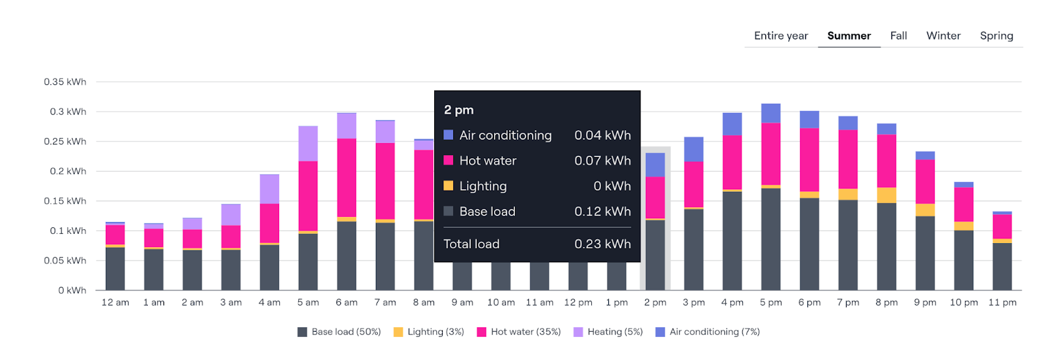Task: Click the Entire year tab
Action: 781,35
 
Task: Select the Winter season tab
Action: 943,35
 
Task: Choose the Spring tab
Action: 996,35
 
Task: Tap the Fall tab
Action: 899,35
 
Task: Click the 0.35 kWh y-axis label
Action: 65,82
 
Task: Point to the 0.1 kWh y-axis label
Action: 68,231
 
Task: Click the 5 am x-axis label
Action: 308,302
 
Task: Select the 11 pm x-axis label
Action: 1002,302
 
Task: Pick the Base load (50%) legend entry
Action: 339,332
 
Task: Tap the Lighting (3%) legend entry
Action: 429,332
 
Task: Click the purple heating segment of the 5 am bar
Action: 308,143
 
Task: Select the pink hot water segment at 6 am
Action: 347,177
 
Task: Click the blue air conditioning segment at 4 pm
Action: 732,124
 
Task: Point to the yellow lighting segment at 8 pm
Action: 887,195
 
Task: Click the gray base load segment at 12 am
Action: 115,269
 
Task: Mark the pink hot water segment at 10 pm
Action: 964,204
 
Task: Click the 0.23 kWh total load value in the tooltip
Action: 602,244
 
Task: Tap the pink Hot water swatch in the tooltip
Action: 449,160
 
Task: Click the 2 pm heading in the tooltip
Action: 458,110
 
